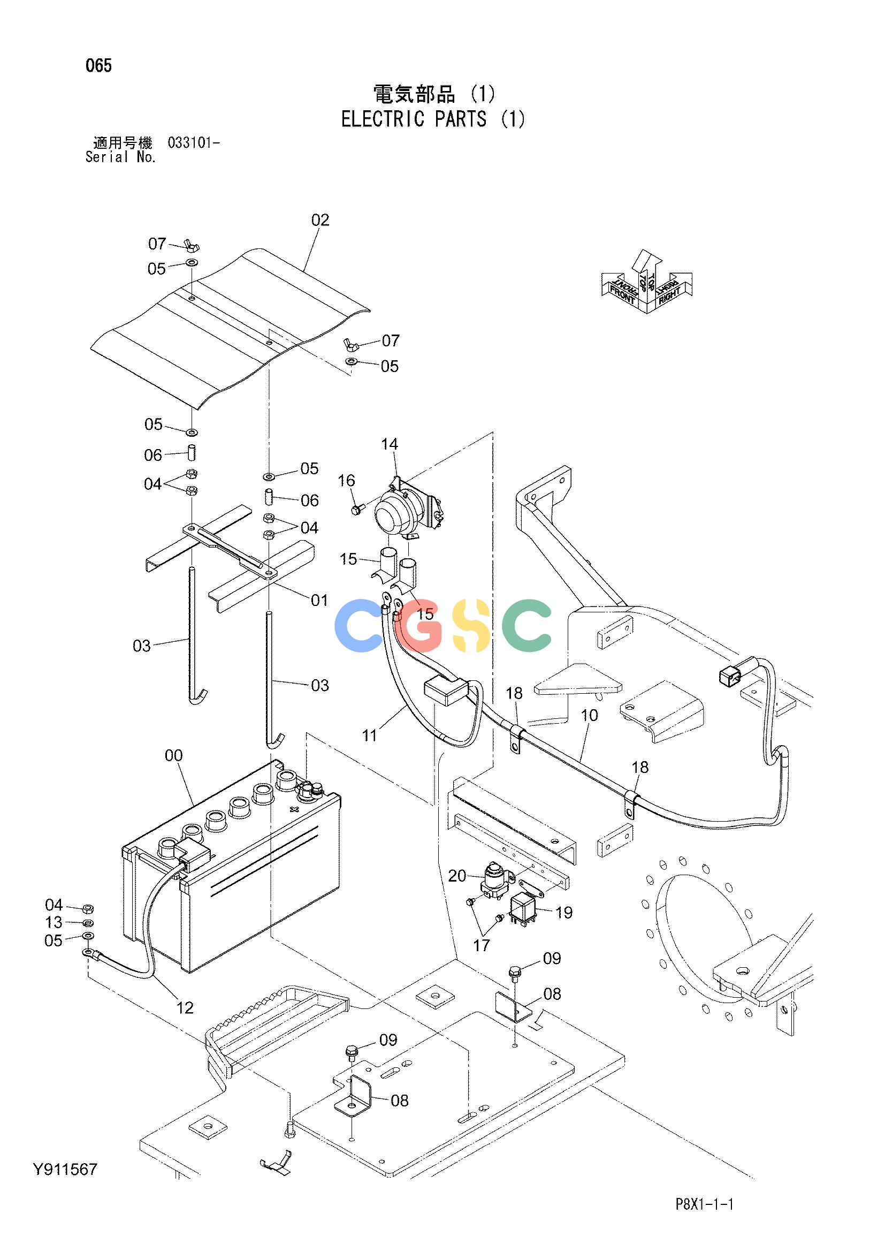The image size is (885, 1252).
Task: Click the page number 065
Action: pos(98,66)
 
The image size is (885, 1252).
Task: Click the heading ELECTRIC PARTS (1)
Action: pos(433,119)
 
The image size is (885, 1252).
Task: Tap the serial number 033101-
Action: pos(194,143)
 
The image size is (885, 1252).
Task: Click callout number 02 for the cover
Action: pos(321,220)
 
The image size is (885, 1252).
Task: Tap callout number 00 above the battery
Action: pos(174,755)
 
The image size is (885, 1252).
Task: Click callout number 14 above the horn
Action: pos(390,444)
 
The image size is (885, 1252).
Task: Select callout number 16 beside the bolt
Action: pos(347,480)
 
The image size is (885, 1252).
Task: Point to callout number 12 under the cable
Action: pos(185,1008)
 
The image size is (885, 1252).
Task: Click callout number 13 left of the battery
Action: pos(54,922)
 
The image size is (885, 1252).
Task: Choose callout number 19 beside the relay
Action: pos(564,912)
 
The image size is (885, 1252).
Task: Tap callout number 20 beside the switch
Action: pos(457,876)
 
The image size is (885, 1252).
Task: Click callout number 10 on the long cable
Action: pos(590,715)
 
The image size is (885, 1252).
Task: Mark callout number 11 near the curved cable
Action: pos(370,735)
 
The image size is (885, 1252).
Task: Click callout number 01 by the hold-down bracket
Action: pos(319,600)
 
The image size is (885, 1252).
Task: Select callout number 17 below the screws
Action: pos(482,945)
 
